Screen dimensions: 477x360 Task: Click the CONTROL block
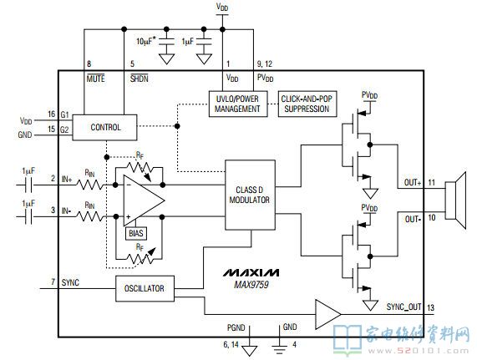coord(104,127)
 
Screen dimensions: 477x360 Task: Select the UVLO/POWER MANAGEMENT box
coord(238,104)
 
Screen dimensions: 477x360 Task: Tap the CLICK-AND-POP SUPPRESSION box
coord(307,104)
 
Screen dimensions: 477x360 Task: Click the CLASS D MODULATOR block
coord(250,195)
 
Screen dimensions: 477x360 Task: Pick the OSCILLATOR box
coord(145,288)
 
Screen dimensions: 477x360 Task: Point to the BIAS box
coord(136,233)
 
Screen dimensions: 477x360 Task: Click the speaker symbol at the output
coord(455,200)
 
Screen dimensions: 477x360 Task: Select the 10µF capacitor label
coord(146,41)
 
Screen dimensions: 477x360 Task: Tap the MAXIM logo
coord(251,272)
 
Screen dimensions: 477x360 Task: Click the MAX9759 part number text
coord(251,285)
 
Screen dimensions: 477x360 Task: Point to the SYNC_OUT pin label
coord(403,307)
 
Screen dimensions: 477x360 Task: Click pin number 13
coord(430,307)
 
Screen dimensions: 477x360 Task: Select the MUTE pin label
coord(95,79)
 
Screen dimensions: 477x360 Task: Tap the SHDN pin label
coord(140,79)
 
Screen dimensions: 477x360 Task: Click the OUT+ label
coord(413,182)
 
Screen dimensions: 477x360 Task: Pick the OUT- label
coord(413,219)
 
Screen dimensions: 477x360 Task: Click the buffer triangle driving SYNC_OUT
coord(327,314)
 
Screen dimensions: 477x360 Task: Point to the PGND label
coord(236,327)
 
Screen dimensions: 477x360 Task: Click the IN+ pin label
coord(67,180)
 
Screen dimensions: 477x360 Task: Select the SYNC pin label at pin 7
coord(70,282)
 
